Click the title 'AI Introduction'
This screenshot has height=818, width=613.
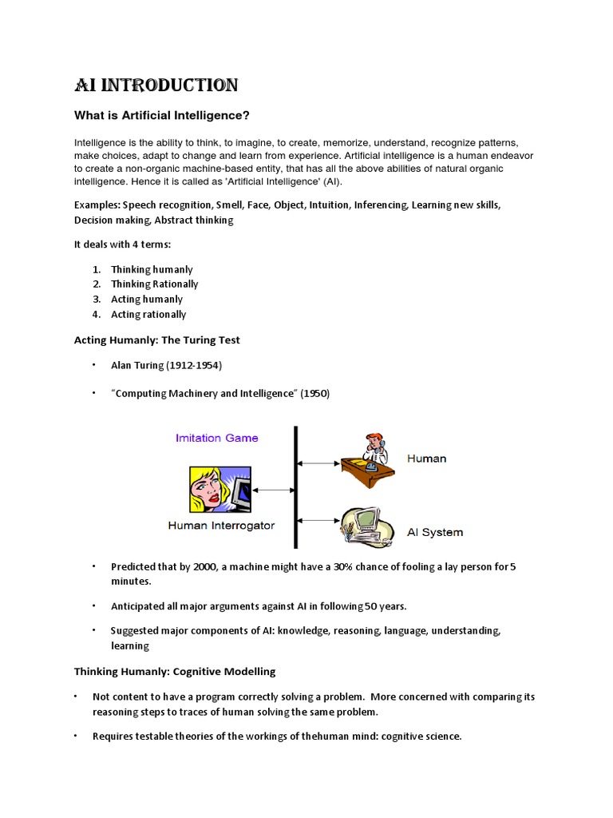(156, 85)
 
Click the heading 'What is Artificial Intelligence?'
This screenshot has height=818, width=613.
(162, 116)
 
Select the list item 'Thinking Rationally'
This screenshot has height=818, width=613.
(155, 284)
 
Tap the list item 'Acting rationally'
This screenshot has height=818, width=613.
(148, 315)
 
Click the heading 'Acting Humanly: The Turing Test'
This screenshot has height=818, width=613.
(157, 340)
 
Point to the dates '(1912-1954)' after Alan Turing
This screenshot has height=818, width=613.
(194, 366)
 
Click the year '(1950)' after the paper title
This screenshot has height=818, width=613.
(314, 394)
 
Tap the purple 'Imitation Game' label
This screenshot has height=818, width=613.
(217, 438)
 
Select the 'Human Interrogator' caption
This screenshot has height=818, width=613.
(221, 526)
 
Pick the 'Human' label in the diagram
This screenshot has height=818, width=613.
(426, 459)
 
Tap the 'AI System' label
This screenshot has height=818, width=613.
(434, 532)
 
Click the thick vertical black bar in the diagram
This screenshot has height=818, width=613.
(296, 487)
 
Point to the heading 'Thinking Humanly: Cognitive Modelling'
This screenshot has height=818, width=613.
(175, 671)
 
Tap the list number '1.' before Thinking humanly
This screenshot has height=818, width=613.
(96, 270)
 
